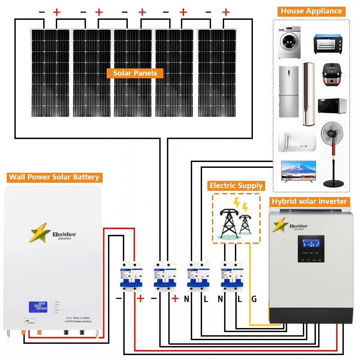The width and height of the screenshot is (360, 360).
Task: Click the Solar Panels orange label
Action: point(135,73)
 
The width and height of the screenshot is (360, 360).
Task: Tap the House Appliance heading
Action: point(311,11)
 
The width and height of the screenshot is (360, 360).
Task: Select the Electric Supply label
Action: point(236,185)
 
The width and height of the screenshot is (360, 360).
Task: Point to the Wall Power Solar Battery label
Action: point(54,177)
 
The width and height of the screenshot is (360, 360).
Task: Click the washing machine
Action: point(288,42)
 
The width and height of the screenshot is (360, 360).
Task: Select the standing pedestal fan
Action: point(334,153)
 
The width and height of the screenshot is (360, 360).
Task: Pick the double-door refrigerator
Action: point(288,92)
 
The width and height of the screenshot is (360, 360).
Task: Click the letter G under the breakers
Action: point(254,299)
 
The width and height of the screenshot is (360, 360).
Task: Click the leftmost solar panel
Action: point(50,72)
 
